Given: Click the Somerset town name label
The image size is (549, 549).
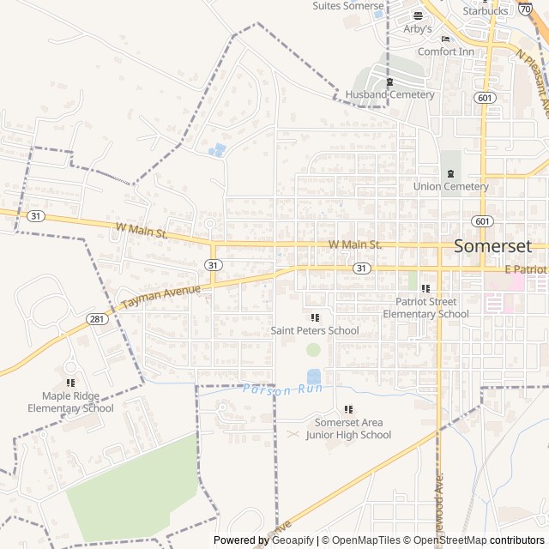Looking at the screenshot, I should [493, 245].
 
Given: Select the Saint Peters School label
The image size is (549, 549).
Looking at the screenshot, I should [315, 330].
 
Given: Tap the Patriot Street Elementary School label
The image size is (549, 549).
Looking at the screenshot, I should [425, 308].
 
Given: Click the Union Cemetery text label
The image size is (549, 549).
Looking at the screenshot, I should [450, 186].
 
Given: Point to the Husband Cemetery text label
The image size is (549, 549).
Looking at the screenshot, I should [390, 94].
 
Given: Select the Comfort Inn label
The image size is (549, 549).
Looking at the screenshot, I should [445, 51].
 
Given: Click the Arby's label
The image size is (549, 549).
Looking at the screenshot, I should [418, 28].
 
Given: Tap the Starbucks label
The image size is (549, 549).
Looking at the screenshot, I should [485, 11].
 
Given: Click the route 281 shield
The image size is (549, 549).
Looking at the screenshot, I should [97, 319].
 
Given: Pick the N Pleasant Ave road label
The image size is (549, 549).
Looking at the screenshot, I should [533, 77].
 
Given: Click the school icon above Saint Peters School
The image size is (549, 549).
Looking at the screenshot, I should [315, 317].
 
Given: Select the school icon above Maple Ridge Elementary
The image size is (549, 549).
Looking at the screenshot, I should [70, 383].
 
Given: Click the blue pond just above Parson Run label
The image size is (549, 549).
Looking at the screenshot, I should [314, 376].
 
